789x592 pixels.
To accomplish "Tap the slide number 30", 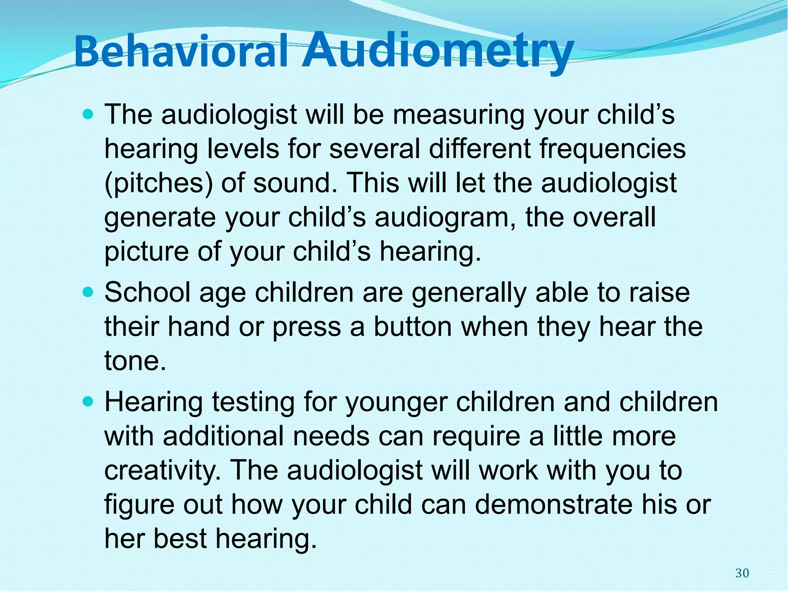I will click(x=742, y=573).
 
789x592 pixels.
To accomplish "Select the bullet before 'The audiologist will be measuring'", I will click(x=88, y=114).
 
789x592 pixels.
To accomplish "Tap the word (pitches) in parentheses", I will click(x=158, y=183).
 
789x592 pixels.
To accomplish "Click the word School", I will click(x=148, y=293).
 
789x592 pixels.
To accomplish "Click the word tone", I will click(x=135, y=361).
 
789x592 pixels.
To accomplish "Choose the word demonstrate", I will click(x=554, y=505).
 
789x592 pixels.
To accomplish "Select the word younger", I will click(x=396, y=403).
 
